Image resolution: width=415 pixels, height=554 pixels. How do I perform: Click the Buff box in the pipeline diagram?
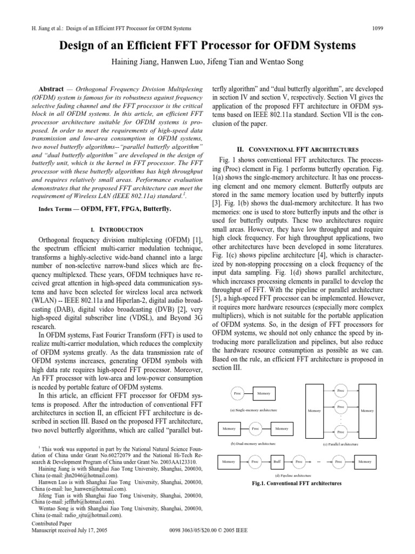point(277,461)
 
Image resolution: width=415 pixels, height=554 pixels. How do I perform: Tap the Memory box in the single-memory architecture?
point(264,393)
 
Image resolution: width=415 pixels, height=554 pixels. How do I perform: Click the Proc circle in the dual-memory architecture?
point(256,428)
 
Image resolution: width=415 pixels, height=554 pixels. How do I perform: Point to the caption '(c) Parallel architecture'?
point(340,444)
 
